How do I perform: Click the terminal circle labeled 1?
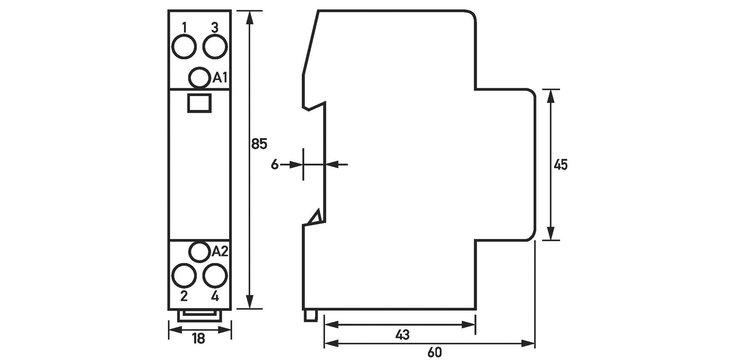184,46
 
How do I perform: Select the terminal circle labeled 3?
215,46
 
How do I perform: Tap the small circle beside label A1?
200,77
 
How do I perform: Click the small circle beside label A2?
200,251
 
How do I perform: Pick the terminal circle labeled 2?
184,276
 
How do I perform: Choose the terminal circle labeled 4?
215,276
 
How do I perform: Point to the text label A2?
220,251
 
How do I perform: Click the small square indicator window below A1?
200,103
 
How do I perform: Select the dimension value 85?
259,144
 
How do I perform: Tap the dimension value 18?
198,339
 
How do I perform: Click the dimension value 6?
275,164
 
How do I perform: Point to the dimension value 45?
560,165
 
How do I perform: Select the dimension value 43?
402,335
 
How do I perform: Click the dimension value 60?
434,353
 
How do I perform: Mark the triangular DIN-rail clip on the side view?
316,217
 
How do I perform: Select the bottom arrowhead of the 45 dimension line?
552,234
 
